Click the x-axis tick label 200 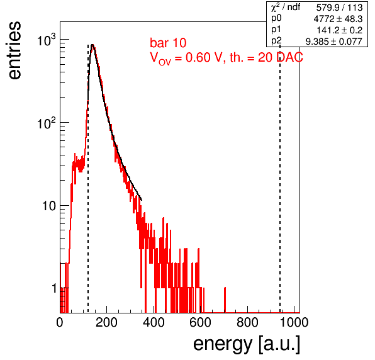[106, 322]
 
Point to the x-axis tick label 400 [154, 322]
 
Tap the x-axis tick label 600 [201, 322]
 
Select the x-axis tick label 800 [247, 322]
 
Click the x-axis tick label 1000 [294, 322]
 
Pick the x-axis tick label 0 [60, 322]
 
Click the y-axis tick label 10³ [47, 40]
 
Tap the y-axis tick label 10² [47, 123]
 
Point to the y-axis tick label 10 [49, 206]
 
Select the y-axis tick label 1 [54, 288]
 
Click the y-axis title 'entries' [15, 50]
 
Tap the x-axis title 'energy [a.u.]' [247, 344]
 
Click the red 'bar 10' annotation [168, 43]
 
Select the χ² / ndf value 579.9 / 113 [339, 8]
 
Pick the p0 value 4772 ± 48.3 [338, 19]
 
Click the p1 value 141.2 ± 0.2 [340, 30]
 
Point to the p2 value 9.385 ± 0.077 [334, 42]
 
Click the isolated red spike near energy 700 [225, 300]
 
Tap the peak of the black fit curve [92, 45]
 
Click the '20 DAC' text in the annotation [281, 57]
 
